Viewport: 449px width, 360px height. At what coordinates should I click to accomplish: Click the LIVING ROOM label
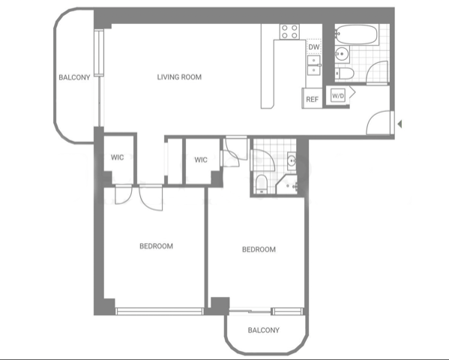tap(179, 77)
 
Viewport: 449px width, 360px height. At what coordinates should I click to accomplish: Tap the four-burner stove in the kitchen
tap(289, 31)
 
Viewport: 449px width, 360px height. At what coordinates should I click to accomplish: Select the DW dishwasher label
tap(313, 47)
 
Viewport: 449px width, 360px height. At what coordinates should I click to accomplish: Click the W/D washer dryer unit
tap(338, 95)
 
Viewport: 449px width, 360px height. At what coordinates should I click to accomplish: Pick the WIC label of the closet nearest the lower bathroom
tap(201, 160)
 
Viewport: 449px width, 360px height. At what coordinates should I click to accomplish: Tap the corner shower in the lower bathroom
tap(289, 184)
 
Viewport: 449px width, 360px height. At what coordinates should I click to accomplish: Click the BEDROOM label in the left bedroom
tap(157, 246)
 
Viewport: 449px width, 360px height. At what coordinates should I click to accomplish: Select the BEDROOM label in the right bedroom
tap(259, 250)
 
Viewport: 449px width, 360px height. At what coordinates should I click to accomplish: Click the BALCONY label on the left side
tap(75, 77)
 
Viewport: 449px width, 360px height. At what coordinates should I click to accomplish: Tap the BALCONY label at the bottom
tap(264, 331)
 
